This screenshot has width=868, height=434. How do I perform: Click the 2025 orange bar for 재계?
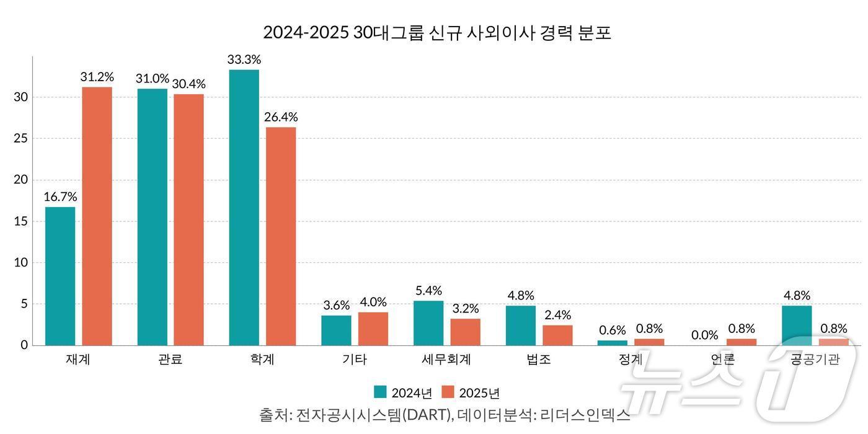click(97, 216)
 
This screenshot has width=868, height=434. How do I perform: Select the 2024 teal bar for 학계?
click(244, 207)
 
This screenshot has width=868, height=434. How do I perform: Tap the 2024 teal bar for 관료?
click(153, 217)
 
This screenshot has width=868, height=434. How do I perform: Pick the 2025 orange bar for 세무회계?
click(465, 332)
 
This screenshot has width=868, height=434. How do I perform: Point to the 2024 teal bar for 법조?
click(521, 325)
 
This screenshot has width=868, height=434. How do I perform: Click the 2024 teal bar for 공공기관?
click(797, 325)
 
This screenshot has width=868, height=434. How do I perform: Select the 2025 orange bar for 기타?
click(373, 329)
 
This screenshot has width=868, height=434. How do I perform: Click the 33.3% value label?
click(244, 60)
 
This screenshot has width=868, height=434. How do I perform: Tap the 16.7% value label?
click(60, 197)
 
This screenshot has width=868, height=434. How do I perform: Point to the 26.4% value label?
click(281, 117)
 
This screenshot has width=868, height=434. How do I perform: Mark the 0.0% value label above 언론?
click(704, 335)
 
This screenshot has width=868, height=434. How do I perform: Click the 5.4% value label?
click(428, 291)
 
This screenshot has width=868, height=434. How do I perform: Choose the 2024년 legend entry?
click(404, 393)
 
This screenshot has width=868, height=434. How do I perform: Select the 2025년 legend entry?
click(471, 393)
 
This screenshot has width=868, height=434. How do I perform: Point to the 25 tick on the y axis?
click(22, 138)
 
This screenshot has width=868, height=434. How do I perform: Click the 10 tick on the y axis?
click(22, 262)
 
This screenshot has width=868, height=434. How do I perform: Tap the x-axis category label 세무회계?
click(446, 360)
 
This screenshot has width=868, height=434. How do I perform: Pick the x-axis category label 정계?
click(631, 360)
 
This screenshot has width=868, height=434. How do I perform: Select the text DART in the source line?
click(427, 415)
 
